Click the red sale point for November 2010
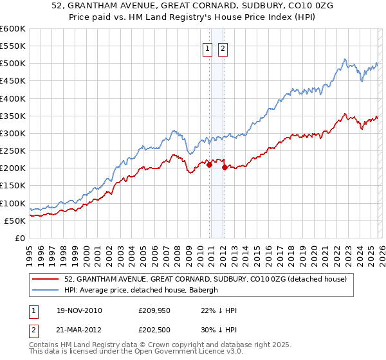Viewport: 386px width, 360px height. (210, 165)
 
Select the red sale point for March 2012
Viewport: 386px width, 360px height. (225, 167)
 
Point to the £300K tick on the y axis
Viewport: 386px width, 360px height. (13, 134)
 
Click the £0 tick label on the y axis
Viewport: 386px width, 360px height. (19, 238)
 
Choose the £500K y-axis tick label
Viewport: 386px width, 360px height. (13, 64)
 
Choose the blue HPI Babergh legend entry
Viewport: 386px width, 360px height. (142, 290)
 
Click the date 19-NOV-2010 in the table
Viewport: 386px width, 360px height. (79, 310)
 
